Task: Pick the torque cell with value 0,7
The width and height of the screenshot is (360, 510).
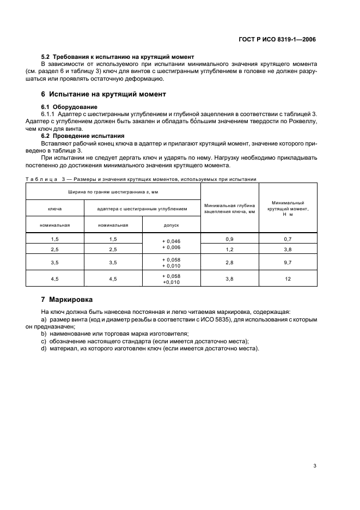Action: point(288,239)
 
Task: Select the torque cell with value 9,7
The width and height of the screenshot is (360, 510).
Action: point(288,262)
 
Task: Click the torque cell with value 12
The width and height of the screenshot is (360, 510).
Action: point(288,279)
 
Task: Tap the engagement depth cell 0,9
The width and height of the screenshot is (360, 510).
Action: point(229,239)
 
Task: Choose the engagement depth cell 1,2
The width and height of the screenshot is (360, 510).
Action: point(229,249)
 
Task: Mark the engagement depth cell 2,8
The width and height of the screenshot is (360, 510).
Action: point(229,262)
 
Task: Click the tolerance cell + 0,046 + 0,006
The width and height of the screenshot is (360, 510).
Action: point(171,244)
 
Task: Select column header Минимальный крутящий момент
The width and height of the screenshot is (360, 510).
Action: point(288,208)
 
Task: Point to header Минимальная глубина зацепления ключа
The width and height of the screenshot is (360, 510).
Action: point(229,208)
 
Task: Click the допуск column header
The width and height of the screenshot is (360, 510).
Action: point(171,224)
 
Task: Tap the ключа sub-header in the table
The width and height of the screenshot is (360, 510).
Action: point(54,208)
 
